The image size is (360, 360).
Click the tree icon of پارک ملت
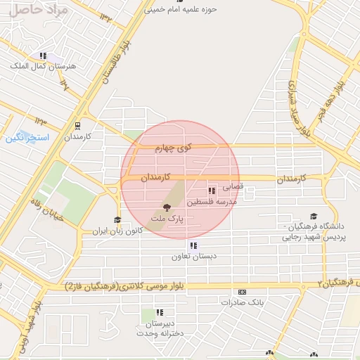click(x=167, y=207)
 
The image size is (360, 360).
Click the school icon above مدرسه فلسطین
click(x=212, y=191)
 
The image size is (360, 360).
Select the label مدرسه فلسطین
click(x=221, y=202)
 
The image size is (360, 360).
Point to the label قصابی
click(x=233, y=188)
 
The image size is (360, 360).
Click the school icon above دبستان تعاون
click(x=192, y=245)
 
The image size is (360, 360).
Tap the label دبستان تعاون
click(x=188, y=257)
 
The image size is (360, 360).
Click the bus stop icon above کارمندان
click(x=77, y=126)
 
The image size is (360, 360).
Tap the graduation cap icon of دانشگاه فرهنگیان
click(x=313, y=217)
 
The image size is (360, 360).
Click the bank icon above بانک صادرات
click(x=243, y=292)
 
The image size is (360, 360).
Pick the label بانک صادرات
click(x=241, y=302)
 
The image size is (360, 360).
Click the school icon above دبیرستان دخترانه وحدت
click(x=160, y=312)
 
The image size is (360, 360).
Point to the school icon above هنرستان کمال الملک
click(x=43, y=56)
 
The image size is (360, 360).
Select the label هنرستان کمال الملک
click(x=37, y=65)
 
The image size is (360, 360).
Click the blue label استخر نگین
click(x=27, y=138)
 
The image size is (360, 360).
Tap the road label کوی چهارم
click(x=174, y=148)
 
